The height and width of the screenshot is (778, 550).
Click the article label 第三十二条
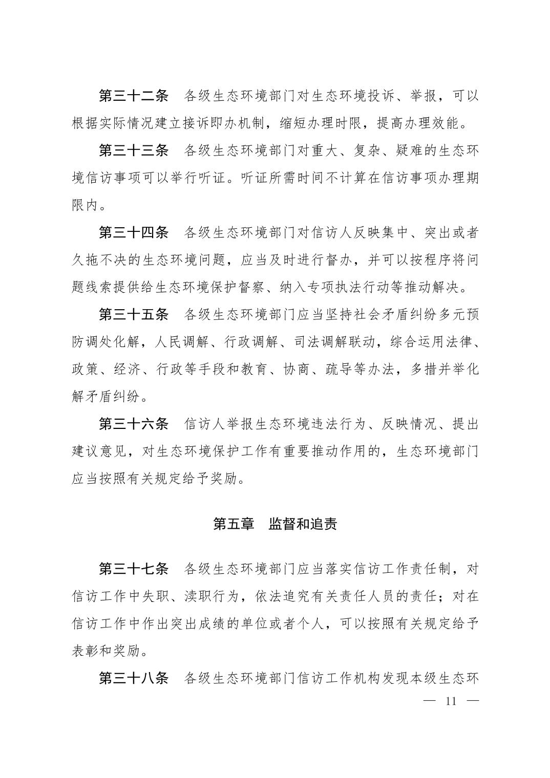click(134, 96)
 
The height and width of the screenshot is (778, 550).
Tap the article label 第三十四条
click(134, 233)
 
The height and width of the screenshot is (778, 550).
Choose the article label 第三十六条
click(134, 424)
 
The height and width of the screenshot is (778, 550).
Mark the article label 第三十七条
click(134, 569)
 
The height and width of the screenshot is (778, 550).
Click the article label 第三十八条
click(134, 679)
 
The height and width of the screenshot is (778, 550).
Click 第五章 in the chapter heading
click(234, 524)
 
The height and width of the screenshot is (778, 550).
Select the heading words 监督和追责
click(303, 524)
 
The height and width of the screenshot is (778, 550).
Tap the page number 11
click(451, 701)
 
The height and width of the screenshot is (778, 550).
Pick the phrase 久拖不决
click(98, 260)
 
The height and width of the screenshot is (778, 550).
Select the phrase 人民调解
click(183, 342)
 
